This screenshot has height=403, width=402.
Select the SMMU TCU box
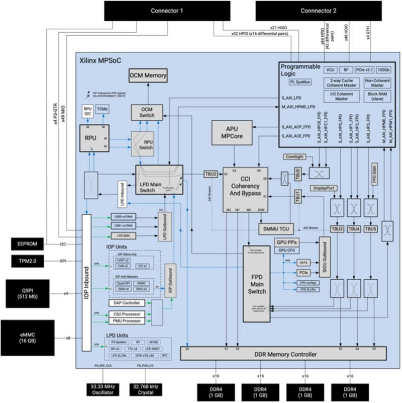(x=275, y=228)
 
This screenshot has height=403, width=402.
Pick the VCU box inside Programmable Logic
(x=330, y=70)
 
